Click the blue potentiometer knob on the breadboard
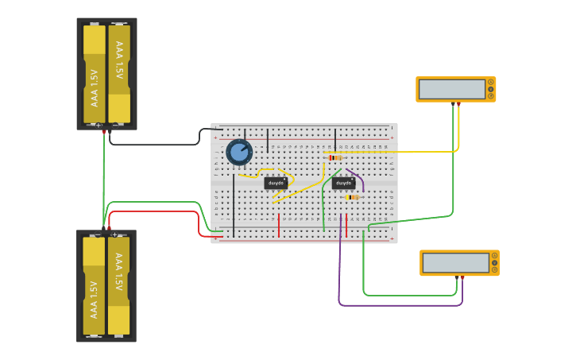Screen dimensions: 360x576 [x=239, y=151]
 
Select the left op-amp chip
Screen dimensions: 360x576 [x=276, y=183]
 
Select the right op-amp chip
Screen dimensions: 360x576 [x=343, y=183]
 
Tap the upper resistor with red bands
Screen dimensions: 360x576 [x=335, y=157]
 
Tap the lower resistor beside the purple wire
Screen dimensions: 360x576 [x=351, y=197]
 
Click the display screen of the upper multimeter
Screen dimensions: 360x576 [x=451, y=89]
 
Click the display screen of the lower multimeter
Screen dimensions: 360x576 [x=455, y=262]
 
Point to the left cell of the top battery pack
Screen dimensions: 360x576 [x=95, y=73]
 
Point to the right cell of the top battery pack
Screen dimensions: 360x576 [x=119, y=73]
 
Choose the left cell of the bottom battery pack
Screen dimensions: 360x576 [x=95, y=286]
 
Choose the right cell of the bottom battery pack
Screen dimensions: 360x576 [x=118, y=286]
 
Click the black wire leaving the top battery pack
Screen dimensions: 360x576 [x=155, y=145]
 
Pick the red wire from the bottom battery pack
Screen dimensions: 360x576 [x=159, y=211]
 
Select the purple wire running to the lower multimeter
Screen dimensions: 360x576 [x=397, y=304]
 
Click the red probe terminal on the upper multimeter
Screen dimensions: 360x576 [x=458, y=103]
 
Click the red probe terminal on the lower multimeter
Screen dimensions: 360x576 [x=462, y=277]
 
